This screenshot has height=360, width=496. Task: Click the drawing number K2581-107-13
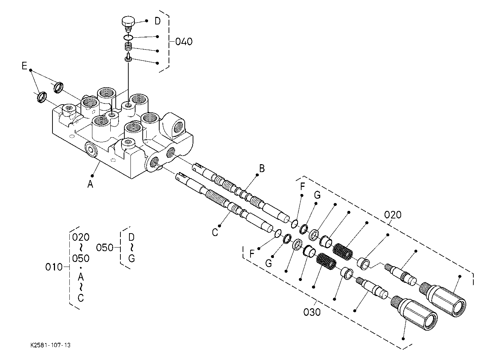point(50,345)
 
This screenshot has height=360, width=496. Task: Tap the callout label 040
point(184,42)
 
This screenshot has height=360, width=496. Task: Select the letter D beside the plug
point(157,21)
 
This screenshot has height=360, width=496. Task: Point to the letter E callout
point(24,66)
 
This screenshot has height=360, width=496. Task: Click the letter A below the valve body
point(90,184)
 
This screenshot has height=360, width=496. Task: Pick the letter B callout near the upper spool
point(262,169)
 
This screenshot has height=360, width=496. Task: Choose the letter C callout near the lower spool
point(215,232)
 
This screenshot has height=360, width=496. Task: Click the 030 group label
point(312,313)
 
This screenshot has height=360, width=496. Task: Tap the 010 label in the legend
point(54,267)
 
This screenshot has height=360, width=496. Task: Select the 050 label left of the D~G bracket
point(105,248)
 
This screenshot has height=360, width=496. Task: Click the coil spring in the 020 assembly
point(343,251)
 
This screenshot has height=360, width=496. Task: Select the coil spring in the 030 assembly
point(326,262)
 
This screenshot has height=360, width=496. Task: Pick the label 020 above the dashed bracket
point(392,215)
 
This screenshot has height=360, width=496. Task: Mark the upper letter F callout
point(303,186)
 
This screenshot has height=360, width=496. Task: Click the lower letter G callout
point(268,263)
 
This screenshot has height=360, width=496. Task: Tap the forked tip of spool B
point(197,167)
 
